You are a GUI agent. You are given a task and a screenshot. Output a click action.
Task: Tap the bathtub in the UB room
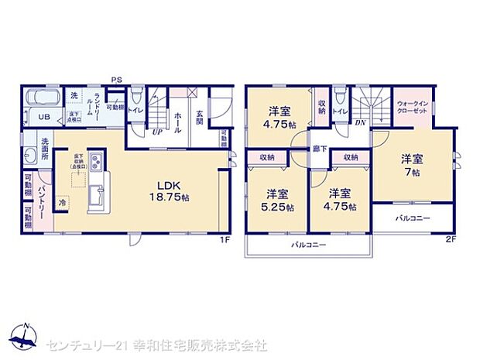[x=43, y=99]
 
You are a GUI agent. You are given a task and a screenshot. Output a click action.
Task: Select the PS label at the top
[x=116, y=80]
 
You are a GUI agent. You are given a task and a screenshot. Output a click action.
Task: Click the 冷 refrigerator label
[x=63, y=201]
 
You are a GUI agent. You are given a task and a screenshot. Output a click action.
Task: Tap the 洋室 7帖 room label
[x=412, y=165]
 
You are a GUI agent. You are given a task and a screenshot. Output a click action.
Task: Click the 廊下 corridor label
[x=318, y=146]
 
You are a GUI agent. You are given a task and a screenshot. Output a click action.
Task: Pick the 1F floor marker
[x=225, y=239]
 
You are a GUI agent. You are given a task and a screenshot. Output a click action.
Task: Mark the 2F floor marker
[x=450, y=239]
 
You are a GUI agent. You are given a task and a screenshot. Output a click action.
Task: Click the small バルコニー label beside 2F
[x=411, y=218]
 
